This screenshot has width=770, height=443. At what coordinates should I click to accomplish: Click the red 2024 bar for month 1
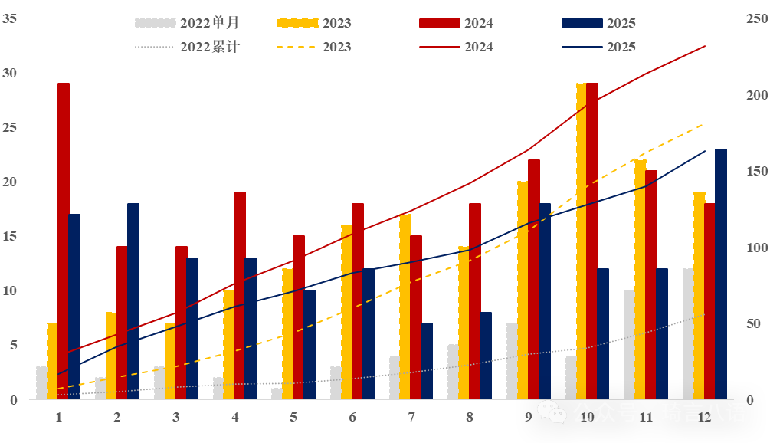click(64, 241)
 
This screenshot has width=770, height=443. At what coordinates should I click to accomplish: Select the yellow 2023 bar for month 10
click(582, 241)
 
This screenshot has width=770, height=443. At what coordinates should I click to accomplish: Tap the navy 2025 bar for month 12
click(721, 274)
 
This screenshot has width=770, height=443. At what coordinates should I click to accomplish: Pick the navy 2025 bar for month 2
click(133, 301)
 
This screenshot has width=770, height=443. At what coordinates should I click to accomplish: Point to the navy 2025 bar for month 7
click(427, 361)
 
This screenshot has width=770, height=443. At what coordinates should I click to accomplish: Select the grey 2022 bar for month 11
click(629, 344)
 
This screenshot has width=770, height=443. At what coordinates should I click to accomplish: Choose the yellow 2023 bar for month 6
click(346, 312)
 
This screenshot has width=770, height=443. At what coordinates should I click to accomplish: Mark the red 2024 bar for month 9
click(534, 279)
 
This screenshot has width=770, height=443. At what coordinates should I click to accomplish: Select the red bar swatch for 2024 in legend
click(439, 23)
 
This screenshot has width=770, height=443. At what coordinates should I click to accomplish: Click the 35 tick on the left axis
click(10, 18)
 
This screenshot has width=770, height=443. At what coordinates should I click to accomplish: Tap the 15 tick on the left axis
click(10, 236)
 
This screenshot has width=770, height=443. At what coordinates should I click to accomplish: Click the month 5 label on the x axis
click(293, 417)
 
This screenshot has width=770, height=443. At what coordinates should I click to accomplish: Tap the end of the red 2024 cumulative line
click(705, 46)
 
